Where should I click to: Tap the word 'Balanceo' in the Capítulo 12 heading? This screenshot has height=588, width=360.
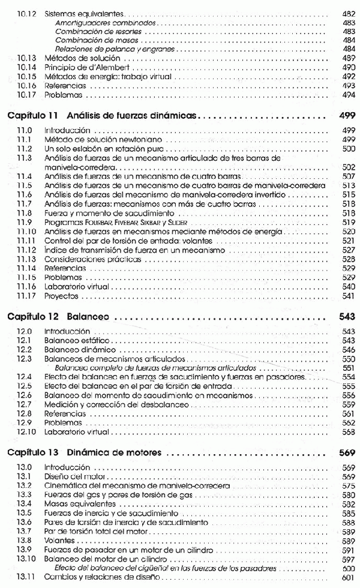point(88,318)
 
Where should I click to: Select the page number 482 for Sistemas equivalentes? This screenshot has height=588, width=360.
point(349,13)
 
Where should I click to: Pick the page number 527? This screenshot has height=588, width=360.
point(349,249)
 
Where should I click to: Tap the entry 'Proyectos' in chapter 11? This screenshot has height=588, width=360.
point(62,296)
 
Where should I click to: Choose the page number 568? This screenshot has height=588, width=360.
point(349,432)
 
